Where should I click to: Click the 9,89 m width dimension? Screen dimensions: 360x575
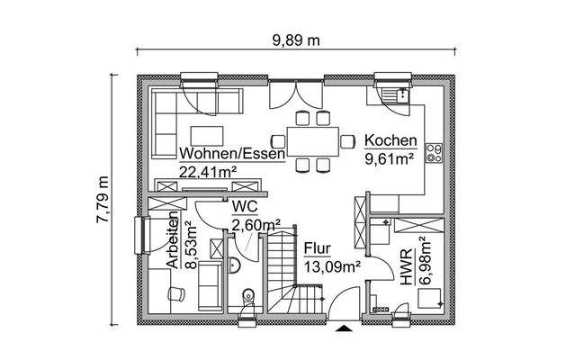[x=296, y=40]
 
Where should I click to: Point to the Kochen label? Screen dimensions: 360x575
[x=390, y=141]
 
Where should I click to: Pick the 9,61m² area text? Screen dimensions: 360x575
[x=389, y=159]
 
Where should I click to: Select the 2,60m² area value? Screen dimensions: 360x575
[x=256, y=225]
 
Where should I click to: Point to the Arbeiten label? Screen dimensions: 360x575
[x=171, y=242]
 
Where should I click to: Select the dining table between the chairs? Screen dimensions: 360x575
[x=312, y=140]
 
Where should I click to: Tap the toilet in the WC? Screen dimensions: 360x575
[x=248, y=297]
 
